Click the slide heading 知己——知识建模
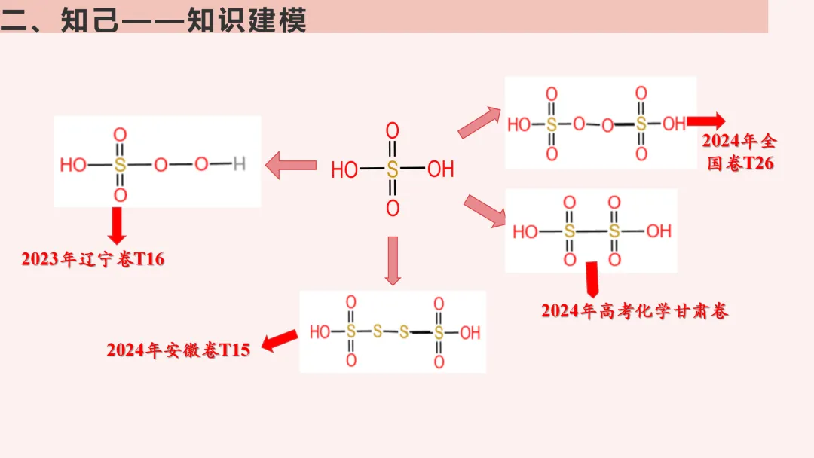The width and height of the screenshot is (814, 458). pyautogui.click(x=155, y=18)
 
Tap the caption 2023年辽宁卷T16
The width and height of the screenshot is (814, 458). pyautogui.click(x=93, y=260)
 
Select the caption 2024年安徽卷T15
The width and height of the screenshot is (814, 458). pyautogui.click(x=178, y=350)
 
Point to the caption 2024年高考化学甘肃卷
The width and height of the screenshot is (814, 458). pyautogui.click(x=635, y=311)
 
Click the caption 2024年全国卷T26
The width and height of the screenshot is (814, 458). pyautogui.click(x=739, y=152)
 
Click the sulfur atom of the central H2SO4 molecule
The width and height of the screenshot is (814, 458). pyautogui.click(x=392, y=169)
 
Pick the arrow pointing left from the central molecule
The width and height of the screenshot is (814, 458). pyautogui.click(x=291, y=165)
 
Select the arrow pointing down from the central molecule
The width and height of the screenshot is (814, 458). pyautogui.click(x=392, y=261)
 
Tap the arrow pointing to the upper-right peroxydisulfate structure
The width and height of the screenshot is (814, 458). pyautogui.click(x=480, y=122)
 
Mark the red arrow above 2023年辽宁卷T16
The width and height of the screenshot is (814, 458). pyautogui.click(x=117, y=224)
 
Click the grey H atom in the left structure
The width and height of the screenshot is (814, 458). pyautogui.click(x=239, y=163)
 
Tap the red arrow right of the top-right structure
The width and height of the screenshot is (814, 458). pyautogui.click(x=706, y=121)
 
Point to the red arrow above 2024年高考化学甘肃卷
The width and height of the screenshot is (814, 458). pyautogui.click(x=592, y=279)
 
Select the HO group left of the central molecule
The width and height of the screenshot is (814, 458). pyautogui.click(x=344, y=170)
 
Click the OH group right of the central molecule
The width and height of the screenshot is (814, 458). pyautogui.click(x=441, y=170)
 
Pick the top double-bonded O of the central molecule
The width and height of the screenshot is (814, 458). pyautogui.click(x=392, y=131)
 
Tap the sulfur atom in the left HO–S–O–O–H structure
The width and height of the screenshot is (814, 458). pyautogui.click(x=120, y=164)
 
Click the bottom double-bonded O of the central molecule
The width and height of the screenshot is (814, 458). pyautogui.click(x=392, y=209)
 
